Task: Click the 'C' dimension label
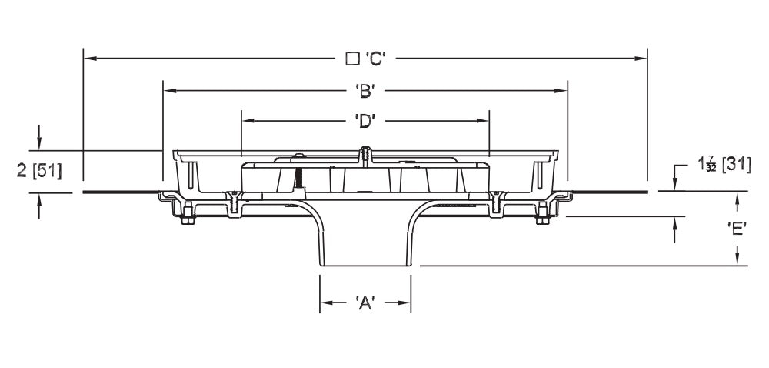click(x=375, y=58)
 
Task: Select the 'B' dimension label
click(x=365, y=91)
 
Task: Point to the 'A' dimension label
click(x=365, y=303)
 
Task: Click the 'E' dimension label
click(x=737, y=229)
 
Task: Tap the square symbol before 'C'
click(x=352, y=58)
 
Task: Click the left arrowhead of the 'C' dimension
click(x=88, y=58)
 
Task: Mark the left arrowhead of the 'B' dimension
click(x=168, y=91)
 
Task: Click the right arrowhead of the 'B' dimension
click(x=562, y=91)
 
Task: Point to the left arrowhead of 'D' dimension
click(x=246, y=121)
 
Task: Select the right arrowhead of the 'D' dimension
click(x=484, y=121)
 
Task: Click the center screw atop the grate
click(x=365, y=153)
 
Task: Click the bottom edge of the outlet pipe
click(x=365, y=266)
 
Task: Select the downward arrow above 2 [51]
click(x=39, y=144)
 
